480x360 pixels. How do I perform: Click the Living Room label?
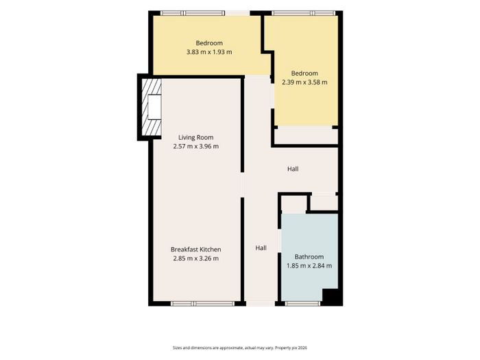coord(196,137)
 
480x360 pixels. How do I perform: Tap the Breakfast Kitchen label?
coord(196,250)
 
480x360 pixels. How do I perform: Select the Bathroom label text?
coord(309,257)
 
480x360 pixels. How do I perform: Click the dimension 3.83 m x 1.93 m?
coord(209,52)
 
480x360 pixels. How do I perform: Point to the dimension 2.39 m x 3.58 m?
coord(304,82)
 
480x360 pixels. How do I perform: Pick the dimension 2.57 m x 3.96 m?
coord(196,146)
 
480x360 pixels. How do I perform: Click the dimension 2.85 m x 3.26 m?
coord(196,259)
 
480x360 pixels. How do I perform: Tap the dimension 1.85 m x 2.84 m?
coord(309,266)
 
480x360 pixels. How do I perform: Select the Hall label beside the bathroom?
coord(261,248)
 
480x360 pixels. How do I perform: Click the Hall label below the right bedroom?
coord(293,169)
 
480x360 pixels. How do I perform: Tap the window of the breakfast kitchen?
coord(203,304)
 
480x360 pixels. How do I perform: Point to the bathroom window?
coord(303,304)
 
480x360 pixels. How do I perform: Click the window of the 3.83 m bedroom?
coord(193,13)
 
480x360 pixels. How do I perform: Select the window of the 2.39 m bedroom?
coord(304,13)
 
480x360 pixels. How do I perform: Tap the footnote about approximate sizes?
coord(240,348)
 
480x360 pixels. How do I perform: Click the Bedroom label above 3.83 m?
coord(209,43)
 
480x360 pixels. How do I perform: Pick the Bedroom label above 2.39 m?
coord(304,73)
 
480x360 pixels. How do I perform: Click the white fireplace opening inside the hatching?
coord(154,107)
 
